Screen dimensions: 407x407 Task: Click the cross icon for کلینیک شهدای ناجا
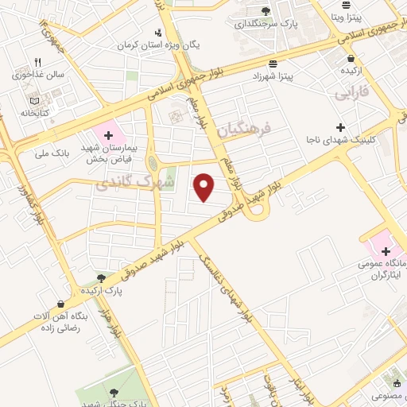340,127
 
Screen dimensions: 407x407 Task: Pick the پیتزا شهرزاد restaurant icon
273,63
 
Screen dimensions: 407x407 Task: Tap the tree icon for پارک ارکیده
101,277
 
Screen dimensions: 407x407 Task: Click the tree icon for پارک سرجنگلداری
266,11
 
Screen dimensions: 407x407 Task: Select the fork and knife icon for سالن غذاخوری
37,62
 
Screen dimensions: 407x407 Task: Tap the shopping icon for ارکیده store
351,58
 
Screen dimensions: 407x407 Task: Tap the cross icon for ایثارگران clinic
386,251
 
